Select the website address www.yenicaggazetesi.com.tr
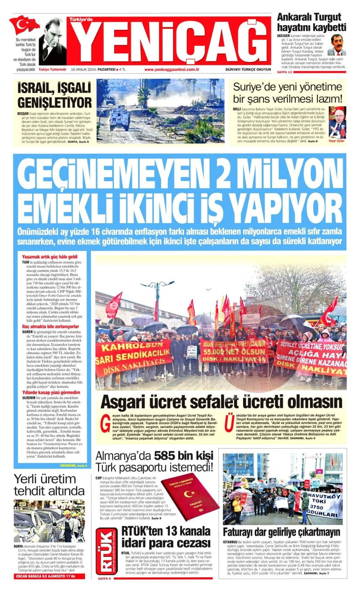pyautogui.click(x=172, y=69)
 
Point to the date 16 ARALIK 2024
pyautogui.click(x=84, y=69)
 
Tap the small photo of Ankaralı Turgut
pyautogui.click(x=336, y=45)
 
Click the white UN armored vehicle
pyautogui.click(x=119, y=118)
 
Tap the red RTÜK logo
pyautogui.click(x=106, y=551)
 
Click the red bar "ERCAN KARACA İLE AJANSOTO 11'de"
pyautogui.click(x=50, y=576)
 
